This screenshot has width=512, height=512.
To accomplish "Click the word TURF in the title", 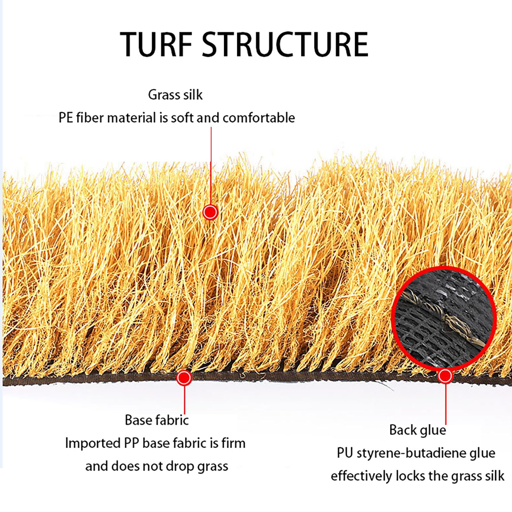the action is point(156,44).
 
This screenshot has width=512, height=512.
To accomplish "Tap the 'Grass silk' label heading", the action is point(175,95).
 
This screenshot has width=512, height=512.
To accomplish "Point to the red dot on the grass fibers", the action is point(210,212).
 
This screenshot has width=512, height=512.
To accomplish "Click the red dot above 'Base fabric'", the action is point(184,378).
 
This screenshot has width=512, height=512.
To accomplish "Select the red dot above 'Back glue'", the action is point(445,376).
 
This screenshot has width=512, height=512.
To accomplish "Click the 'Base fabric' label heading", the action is point(157,420).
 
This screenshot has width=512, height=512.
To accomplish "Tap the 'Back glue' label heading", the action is point(418,430).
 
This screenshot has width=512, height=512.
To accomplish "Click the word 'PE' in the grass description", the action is point(66,118).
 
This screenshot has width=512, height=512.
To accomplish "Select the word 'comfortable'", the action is point(259,118).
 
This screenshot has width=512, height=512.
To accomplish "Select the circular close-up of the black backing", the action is point(444,319).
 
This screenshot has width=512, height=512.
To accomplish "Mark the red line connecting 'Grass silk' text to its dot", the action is point(211,166).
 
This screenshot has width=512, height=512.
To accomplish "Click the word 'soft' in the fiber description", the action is point(182,118).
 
